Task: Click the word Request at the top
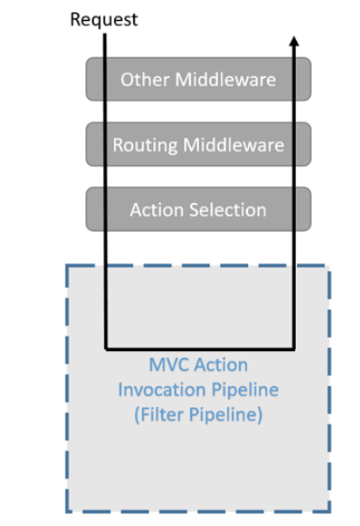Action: pos(103,20)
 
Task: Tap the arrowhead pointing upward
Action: pos(294,41)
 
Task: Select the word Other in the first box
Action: pos(145,80)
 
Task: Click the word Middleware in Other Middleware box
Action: pos(226,80)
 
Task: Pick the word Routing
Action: pos(145,145)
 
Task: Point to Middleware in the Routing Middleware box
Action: pos(234,145)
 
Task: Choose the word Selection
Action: pos(228,210)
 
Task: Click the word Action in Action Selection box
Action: pos(157,210)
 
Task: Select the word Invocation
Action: pos(162,389)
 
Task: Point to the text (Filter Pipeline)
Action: pos(199,415)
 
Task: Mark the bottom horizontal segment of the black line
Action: pos(201,349)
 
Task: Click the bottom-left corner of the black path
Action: pos(106,349)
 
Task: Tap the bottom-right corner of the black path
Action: pos(294,349)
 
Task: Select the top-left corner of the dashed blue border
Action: pos(67,266)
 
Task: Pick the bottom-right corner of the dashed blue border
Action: pos(329,512)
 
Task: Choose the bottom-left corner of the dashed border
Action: pos(67,512)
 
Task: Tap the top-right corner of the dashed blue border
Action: pos(329,266)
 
